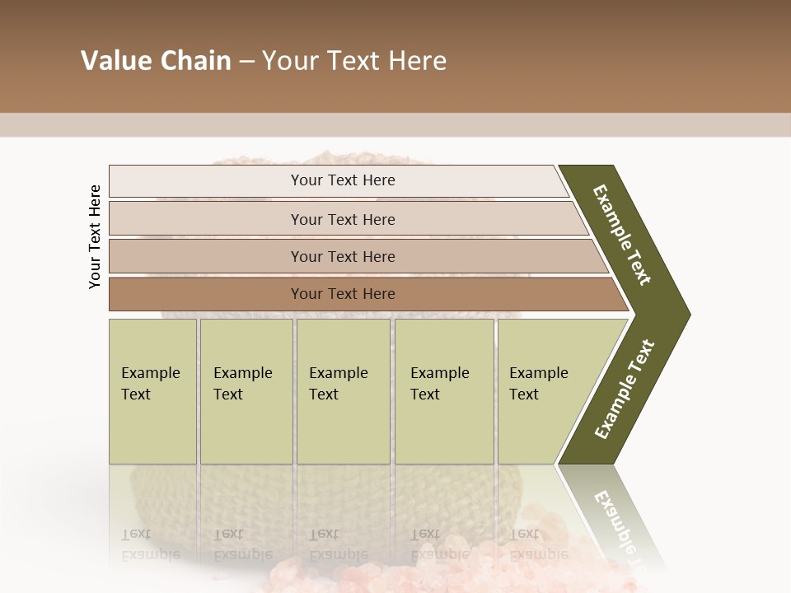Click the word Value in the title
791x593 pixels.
115,61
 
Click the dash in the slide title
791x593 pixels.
246,62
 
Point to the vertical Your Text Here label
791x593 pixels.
95,237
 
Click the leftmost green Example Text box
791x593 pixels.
152,391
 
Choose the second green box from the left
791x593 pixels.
246,391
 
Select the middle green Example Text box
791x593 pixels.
343,391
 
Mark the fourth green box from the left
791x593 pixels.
444,391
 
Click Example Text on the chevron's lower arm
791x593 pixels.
625,390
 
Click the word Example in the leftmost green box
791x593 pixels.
150,373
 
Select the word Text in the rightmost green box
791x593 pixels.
524,395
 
